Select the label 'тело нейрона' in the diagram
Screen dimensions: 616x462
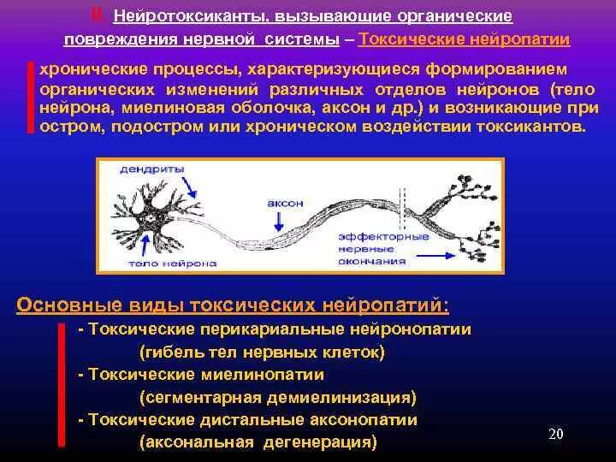(145, 265)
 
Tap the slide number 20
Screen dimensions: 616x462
(555, 434)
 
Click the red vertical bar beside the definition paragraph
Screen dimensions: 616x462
(31, 97)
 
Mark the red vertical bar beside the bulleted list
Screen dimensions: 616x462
(62, 384)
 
